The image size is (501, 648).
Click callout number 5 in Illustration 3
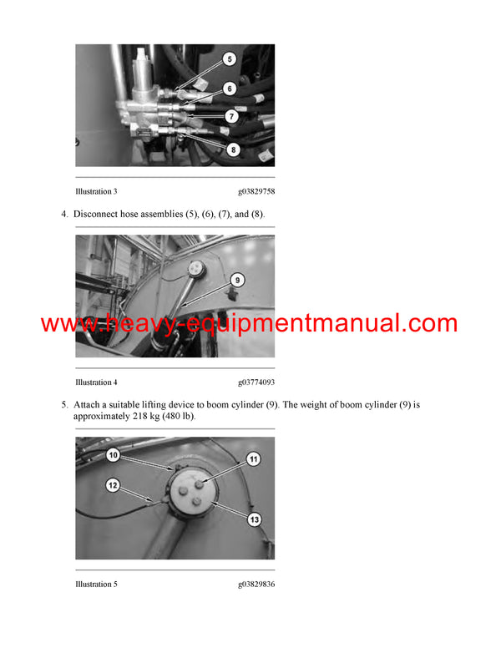230,60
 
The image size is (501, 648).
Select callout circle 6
230,88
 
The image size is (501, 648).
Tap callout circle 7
230,117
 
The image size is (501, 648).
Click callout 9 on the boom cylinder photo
236,281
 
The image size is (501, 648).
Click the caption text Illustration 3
96,191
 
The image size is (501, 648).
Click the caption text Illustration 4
96,382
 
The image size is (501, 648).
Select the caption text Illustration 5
96,584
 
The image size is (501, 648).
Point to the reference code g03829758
256,191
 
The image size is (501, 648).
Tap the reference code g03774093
256,382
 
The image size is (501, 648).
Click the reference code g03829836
256,584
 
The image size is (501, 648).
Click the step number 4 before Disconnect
64,215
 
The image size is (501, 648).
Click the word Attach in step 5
88,404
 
